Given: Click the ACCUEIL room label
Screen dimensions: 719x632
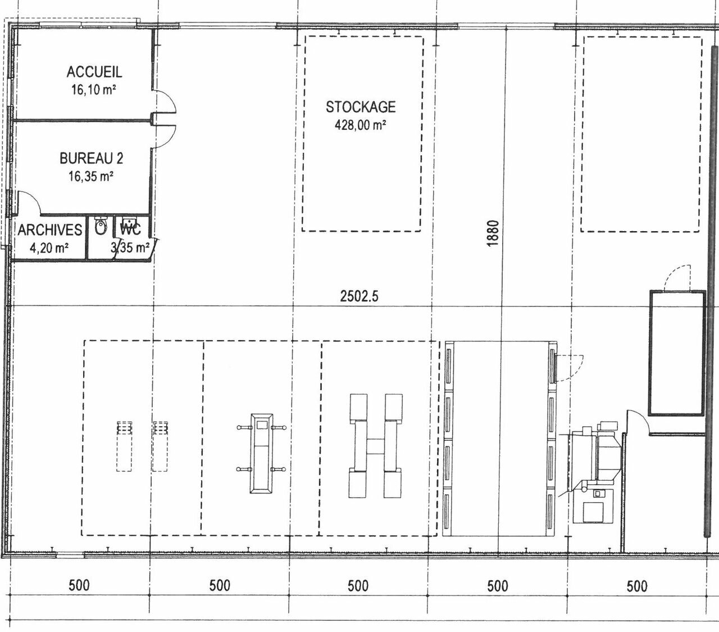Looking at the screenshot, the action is tap(94, 72).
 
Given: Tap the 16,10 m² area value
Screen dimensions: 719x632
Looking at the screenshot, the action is tap(94, 89).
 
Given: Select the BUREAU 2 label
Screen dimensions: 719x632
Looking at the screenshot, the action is tap(91, 159).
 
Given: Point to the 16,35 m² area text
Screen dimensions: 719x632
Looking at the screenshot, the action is tap(91, 176).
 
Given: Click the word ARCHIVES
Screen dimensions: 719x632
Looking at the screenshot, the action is tap(50, 230).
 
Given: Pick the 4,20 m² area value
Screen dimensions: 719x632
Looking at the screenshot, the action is tap(49, 248).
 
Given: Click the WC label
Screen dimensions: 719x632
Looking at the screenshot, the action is tap(130, 229).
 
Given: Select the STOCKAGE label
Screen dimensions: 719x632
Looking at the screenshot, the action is tap(361, 107).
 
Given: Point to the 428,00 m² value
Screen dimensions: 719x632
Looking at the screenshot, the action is tap(360, 125).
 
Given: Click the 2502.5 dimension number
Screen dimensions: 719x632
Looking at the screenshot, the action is tap(359, 296).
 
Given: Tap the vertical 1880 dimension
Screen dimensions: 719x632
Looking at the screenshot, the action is tap(493, 233).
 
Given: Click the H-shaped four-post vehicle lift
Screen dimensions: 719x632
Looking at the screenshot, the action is tap(375, 445).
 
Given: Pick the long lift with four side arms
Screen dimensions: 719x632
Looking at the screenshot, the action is tap(262, 453).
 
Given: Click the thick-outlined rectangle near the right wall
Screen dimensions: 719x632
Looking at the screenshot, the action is tap(676, 353).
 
